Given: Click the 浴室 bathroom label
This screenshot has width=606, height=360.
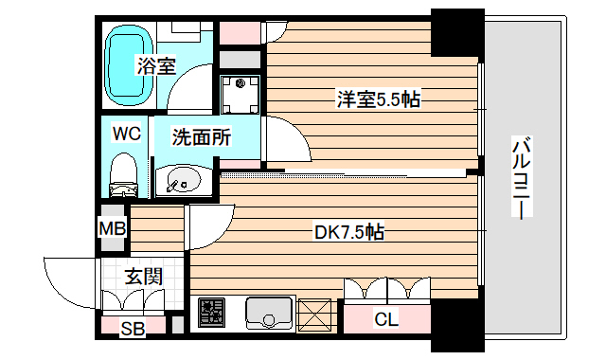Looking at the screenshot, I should click(x=155, y=66).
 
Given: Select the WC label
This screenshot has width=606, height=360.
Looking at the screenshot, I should click(x=126, y=134).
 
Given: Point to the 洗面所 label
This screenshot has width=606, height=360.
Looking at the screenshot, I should click(x=201, y=136).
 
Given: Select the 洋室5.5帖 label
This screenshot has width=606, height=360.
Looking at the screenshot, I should click(x=377, y=98).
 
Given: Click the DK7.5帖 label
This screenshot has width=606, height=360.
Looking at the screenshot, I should click(x=348, y=231).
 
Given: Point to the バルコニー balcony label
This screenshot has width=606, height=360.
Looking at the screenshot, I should click(x=523, y=179).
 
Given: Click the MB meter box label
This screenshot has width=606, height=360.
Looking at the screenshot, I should click(x=113, y=228).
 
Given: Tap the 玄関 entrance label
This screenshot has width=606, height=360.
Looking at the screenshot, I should click(x=143, y=277).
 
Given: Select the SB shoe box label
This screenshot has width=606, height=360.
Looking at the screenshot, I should click(x=132, y=328).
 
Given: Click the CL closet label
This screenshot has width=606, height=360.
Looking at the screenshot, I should click(x=385, y=318).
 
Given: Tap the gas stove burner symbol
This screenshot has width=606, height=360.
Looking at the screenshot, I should click(x=212, y=313).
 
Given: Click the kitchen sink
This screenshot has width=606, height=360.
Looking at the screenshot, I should click(x=269, y=312).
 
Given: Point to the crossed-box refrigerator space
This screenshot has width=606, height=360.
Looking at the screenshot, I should click(x=315, y=312).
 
